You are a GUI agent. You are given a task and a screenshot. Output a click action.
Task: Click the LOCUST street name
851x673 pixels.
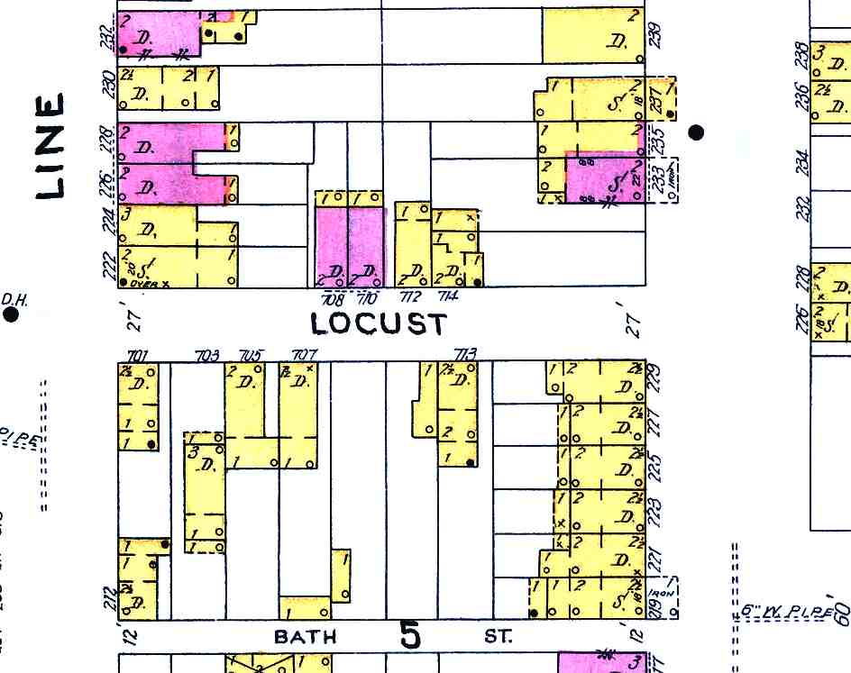[378, 323]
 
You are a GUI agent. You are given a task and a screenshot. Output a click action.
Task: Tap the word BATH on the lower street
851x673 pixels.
[305, 637]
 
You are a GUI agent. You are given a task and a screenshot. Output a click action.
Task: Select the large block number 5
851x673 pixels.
[410, 635]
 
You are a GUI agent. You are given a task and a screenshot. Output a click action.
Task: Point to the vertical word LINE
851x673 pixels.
[50, 146]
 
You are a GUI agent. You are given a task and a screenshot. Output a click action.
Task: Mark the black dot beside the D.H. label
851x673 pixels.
[11, 314]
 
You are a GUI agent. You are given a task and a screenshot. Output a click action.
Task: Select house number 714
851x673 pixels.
[448, 296]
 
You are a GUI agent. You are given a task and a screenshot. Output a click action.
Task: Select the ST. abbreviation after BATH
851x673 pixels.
[498, 637]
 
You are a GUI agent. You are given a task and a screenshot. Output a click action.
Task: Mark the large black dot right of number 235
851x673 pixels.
[696, 132]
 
